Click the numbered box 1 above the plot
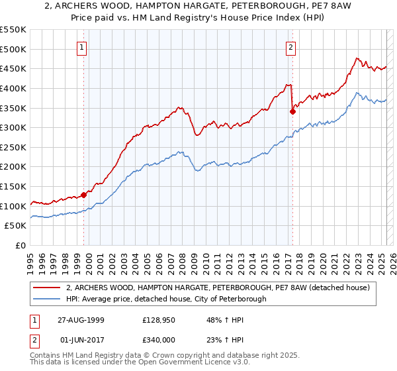81,47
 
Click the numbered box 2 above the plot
290,47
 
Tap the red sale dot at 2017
292,112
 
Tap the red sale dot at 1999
84,195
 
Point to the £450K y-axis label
13,68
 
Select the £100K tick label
13,206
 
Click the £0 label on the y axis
21,245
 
